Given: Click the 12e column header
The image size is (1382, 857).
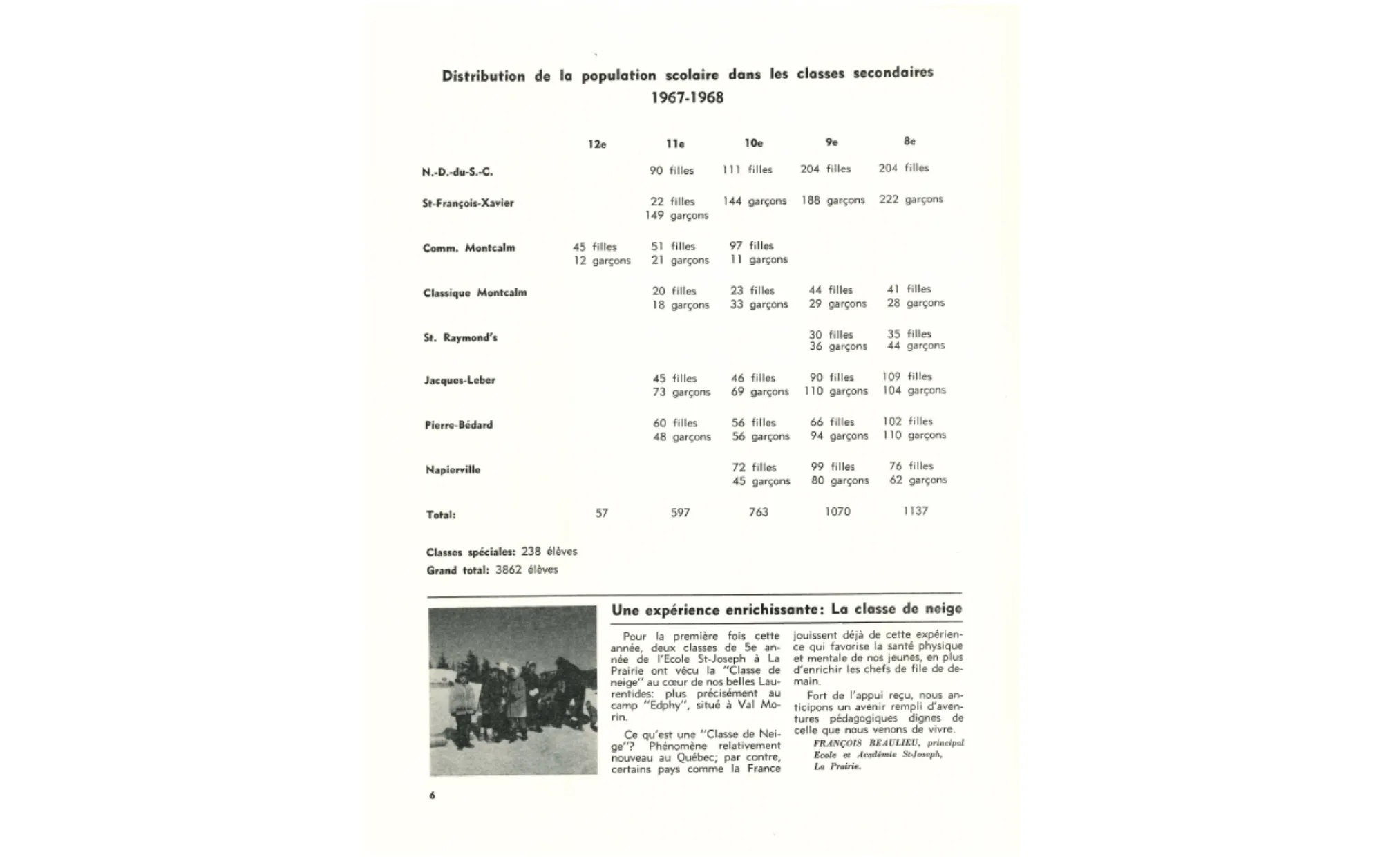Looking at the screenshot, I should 597,144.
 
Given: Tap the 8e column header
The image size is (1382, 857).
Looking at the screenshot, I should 909,142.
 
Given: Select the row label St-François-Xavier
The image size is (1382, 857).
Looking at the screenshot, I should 468,203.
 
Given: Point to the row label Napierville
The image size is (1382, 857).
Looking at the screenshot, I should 453,470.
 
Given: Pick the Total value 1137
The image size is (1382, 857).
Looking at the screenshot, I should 915,511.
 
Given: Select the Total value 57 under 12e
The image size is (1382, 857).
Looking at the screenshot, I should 602,514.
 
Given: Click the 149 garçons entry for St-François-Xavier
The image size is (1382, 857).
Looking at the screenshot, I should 676,216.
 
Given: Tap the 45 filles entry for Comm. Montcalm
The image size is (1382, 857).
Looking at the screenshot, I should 594,247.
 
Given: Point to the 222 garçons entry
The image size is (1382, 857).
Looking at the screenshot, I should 911,200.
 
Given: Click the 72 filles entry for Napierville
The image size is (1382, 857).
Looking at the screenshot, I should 754,467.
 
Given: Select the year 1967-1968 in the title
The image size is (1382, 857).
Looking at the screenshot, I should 687,97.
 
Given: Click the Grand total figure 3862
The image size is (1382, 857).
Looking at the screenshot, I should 508,570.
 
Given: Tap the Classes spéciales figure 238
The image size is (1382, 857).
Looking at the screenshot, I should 531,552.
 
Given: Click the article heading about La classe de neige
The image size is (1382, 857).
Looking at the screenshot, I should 786,610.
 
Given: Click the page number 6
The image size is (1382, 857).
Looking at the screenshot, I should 433,795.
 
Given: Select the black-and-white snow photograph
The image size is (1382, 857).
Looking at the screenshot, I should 513,690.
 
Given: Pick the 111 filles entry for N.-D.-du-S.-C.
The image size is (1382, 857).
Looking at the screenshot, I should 747,170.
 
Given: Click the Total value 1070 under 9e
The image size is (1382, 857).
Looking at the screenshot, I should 837,512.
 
